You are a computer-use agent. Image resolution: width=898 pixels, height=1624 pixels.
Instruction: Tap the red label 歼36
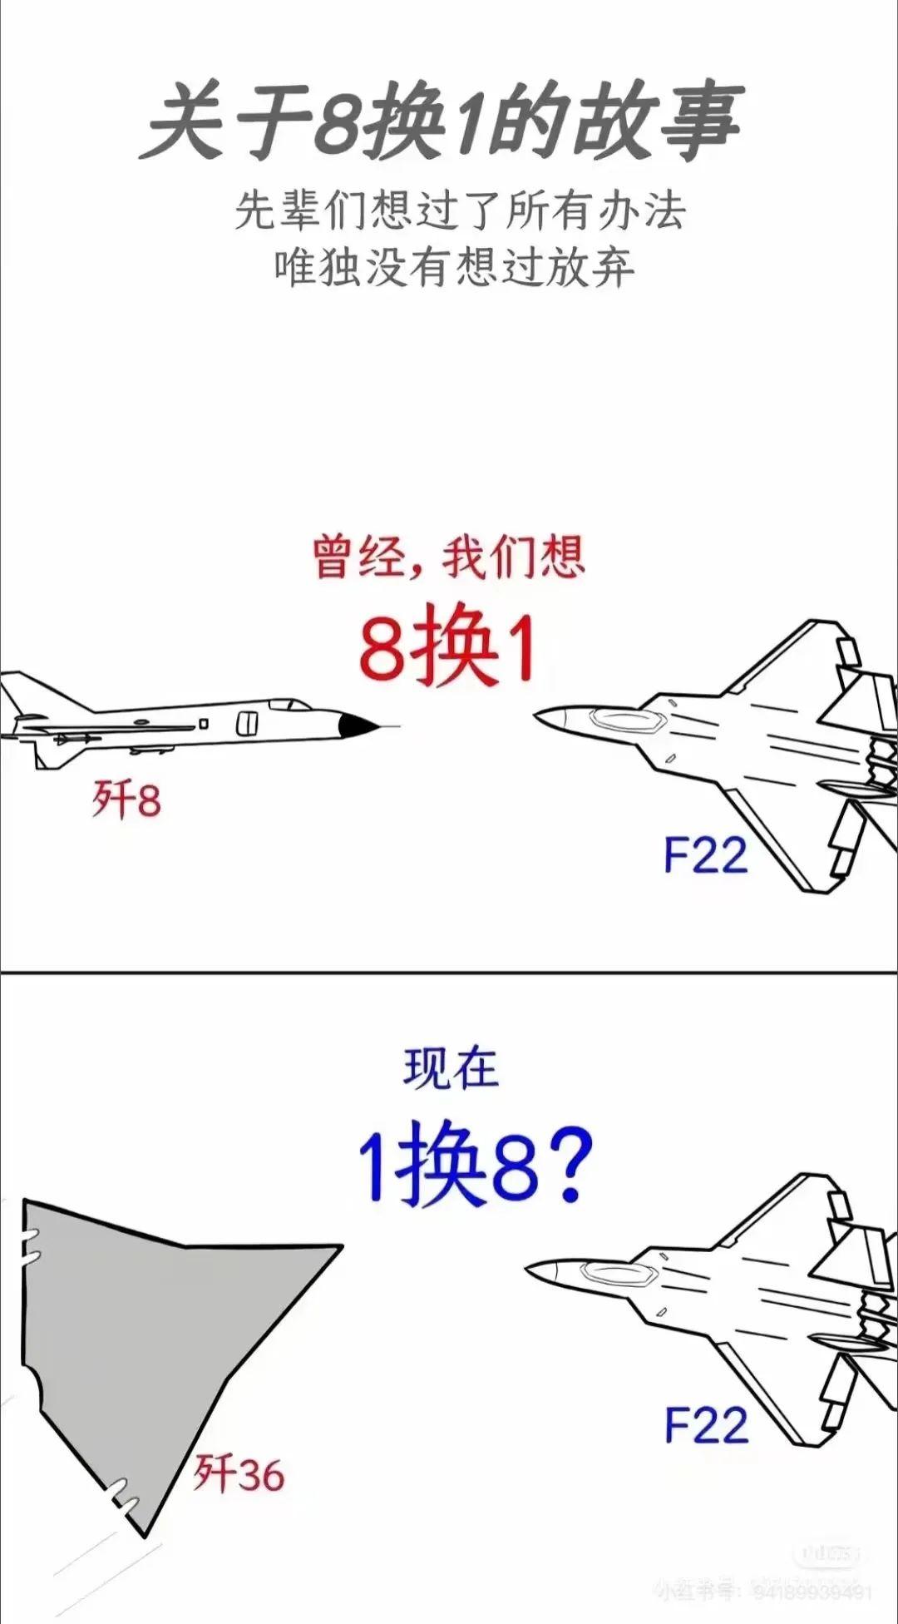(x=239, y=1474)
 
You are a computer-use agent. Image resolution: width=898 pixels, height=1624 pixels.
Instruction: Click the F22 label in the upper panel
(x=706, y=854)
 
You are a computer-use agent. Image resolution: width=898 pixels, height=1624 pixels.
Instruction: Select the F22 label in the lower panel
(x=706, y=1424)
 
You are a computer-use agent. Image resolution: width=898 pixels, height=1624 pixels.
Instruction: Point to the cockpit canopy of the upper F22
(x=624, y=720)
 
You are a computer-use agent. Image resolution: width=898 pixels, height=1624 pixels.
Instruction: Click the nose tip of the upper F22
(x=537, y=716)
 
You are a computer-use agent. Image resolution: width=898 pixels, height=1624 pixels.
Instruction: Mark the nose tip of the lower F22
(x=529, y=1270)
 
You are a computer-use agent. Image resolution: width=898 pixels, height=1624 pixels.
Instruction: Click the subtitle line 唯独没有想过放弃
(x=455, y=267)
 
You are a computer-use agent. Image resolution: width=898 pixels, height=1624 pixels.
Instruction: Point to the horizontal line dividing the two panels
(x=449, y=972)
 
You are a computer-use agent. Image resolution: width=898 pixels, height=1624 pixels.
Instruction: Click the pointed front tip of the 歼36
(x=339, y=1246)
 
